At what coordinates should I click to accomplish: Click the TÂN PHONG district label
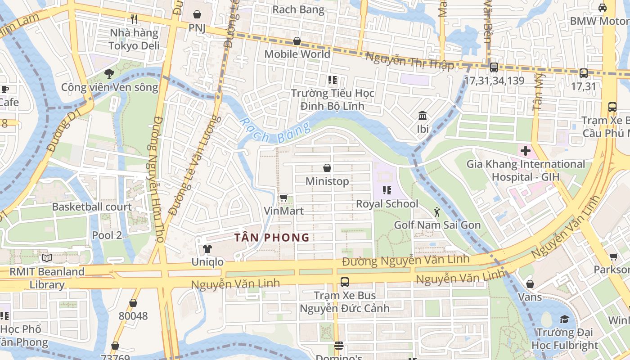click(x=272, y=237)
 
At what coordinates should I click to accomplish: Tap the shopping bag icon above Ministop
click(x=327, y=168)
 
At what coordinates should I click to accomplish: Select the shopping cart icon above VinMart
click(x=283, y=198)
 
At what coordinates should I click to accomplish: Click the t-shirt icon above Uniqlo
click(x=207, y=248)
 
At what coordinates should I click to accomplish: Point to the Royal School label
click(x=387, y=204)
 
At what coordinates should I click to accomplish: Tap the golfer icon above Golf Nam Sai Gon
click(x=436, y=211)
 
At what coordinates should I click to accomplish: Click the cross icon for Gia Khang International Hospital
click(x=525, y=151)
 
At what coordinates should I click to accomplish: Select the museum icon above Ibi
click(x=422, y=116)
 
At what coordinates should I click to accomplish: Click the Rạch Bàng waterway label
click(x=274, y=130)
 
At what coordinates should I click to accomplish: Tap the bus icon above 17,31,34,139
click(x=494, y=67)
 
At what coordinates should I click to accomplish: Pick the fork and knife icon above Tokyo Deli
click(x=134, y=19)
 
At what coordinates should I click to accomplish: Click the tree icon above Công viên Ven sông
click(x=109, y=73)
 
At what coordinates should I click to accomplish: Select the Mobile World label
click(x=297, y=54)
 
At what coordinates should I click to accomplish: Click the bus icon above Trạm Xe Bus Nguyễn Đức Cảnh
click(x=344, y=282)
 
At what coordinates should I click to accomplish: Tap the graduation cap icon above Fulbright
click(x=564, y=319)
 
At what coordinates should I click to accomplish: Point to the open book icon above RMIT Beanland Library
click(x=47, y=258)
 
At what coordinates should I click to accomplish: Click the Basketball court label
click(x=92, y=207)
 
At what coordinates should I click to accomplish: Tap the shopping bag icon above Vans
click(x=530, y=283)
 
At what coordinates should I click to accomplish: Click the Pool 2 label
click(x=107, y=235)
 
